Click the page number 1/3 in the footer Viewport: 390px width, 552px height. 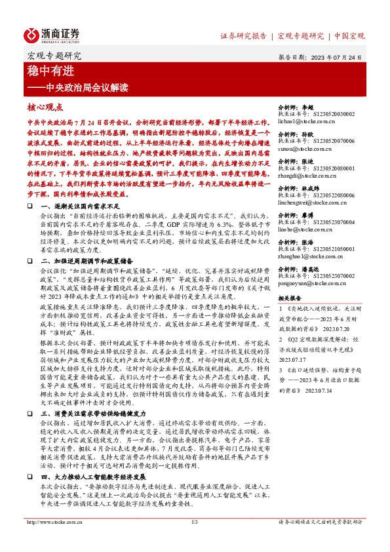pos(195,540)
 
